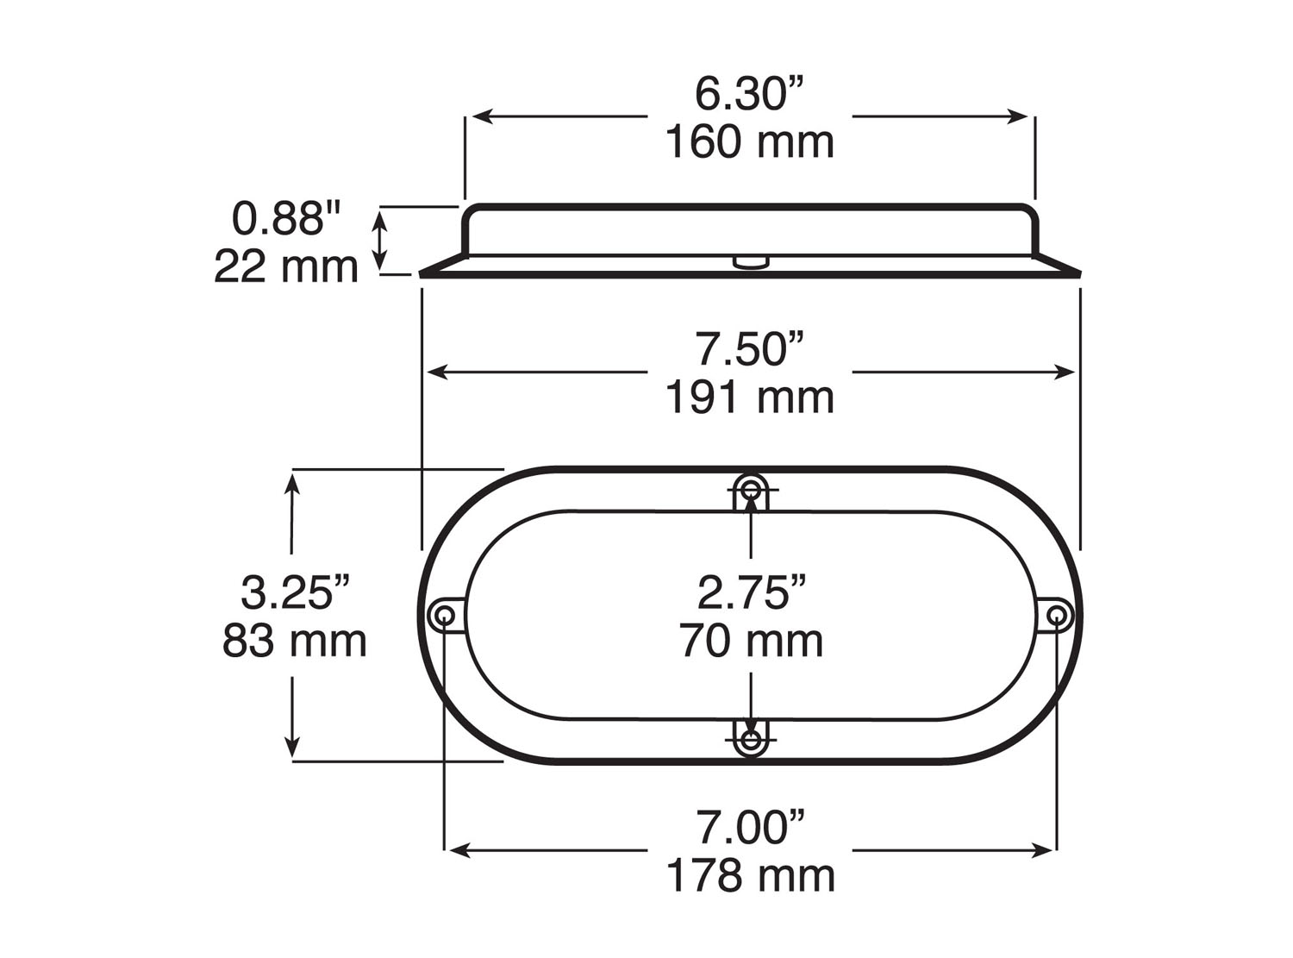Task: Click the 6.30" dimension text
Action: [x=749, y=94]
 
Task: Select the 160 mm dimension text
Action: [x=749, y=142]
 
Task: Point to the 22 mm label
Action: [x=286, y=266]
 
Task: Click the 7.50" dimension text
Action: [x=749, y=349]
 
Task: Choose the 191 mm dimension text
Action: [x=749, y=398]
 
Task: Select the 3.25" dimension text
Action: [x=295, y=593]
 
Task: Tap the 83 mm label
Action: [x=295, y=641]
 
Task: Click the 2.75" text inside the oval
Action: [x=752, y=592]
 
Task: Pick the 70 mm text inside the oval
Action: [x=752, y=641]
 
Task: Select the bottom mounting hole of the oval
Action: [x=752, y=740]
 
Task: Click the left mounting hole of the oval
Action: [x=445, y=615]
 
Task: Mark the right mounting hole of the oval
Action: [x=1059, y=615]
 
